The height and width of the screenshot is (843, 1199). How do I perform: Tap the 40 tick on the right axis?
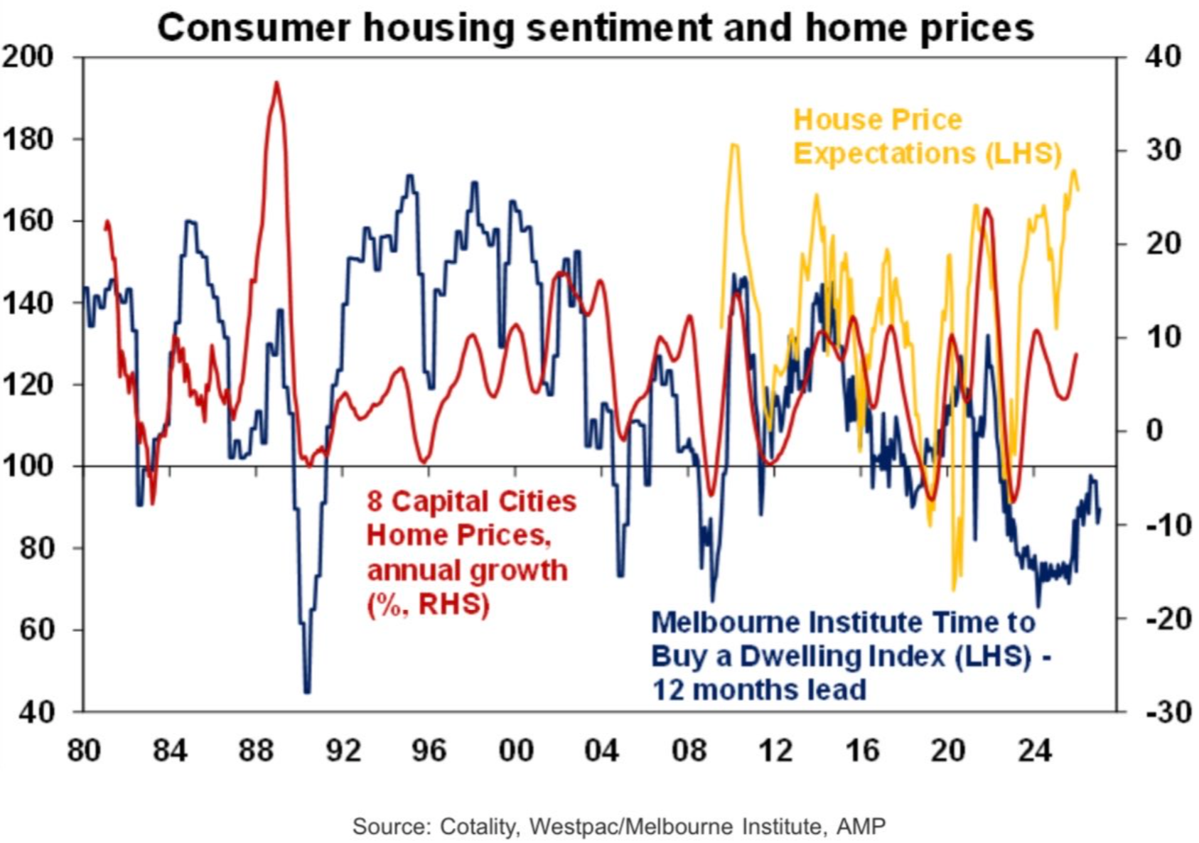click(x=1163, y=57)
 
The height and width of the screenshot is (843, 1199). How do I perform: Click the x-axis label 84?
click(x=170, y=750)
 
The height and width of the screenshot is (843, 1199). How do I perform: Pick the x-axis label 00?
click(x=516, y=750)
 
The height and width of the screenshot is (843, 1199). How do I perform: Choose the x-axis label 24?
click(x=1034, y=750)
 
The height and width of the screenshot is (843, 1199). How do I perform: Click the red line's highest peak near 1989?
click(x=277, y=83)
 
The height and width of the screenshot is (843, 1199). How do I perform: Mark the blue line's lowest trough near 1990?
click(x=307, y=691)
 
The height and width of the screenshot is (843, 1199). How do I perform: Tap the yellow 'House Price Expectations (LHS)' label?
click(x=926, y=136)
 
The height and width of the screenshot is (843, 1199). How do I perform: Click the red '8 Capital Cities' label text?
click(x=471, y=502)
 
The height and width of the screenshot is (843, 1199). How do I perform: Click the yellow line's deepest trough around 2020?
click(x=955, y=589)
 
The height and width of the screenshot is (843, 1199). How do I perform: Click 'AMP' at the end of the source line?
click(x=861, y=827)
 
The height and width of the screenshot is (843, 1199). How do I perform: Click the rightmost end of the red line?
click(x=1076, y=354)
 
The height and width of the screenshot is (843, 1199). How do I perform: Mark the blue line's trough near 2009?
click(x=713, y=599)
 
